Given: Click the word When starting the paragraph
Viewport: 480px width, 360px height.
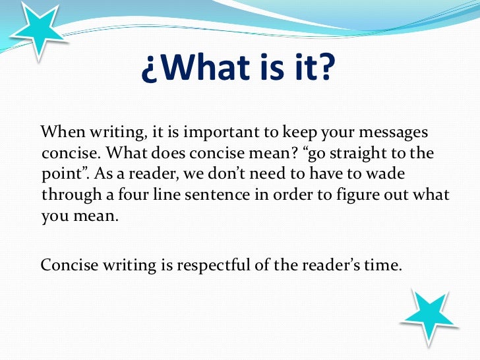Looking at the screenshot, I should pyautogui.click(x=61, y=131).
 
